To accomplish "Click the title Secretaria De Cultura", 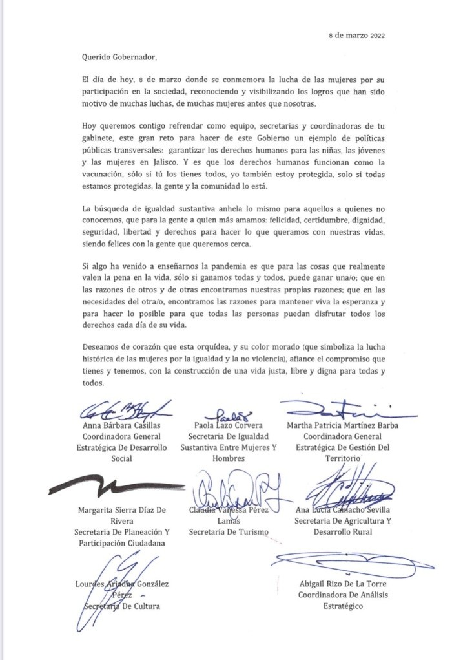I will pyautogui.click(x=122, y=606).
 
